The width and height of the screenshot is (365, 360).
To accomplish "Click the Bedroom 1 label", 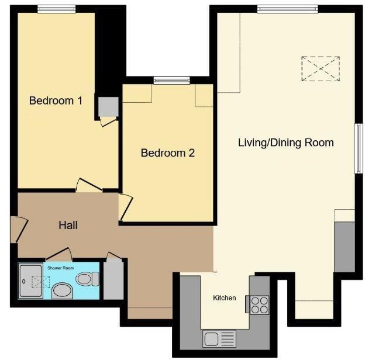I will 56,101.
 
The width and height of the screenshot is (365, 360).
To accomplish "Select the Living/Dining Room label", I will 285,143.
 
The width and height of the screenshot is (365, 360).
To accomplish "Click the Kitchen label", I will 225,298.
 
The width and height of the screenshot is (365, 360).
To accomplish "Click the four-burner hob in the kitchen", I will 259,304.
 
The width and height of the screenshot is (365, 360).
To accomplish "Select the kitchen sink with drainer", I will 219,338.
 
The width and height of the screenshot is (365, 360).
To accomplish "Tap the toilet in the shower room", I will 85,279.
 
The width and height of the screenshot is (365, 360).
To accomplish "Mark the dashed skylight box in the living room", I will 321,67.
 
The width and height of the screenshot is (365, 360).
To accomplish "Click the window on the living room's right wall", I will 357,148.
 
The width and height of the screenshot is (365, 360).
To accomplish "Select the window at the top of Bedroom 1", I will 57,8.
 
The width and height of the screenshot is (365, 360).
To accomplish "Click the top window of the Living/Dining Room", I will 287,8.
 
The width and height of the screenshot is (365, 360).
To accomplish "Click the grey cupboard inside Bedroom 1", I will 108,106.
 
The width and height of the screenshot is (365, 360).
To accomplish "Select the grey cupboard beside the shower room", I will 113,281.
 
